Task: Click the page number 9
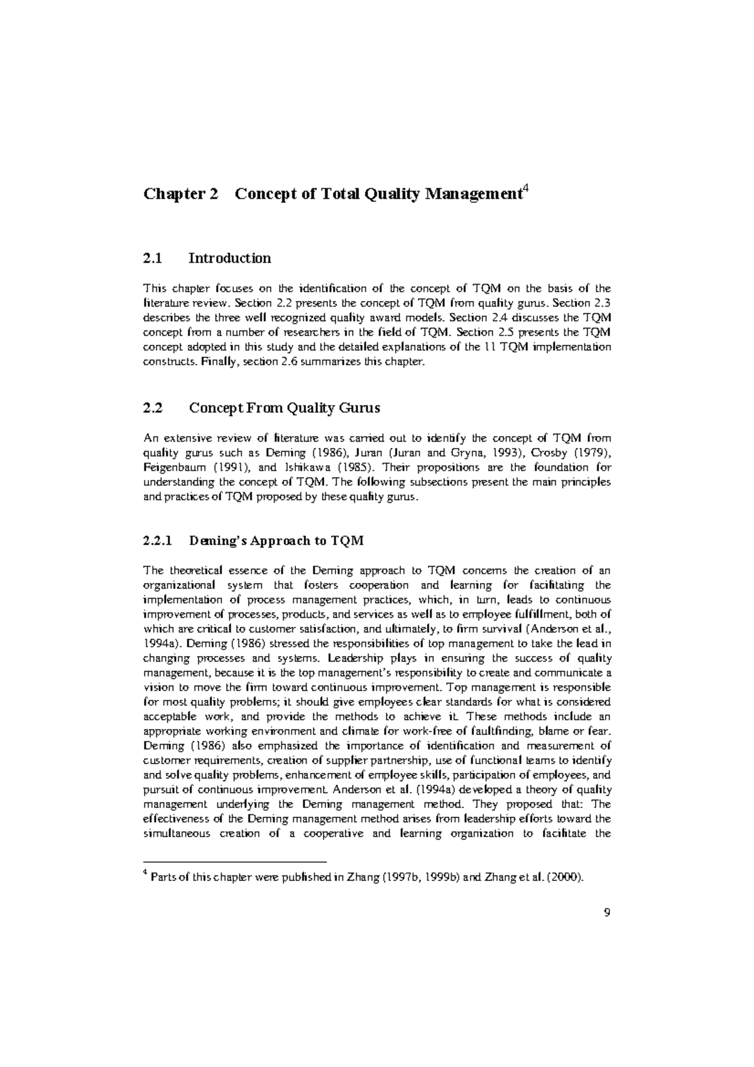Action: point(606,913)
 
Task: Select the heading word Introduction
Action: point(230,258)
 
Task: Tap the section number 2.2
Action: point(153,408)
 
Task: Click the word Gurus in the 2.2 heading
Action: point(359,408)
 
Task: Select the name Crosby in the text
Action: point(551,453)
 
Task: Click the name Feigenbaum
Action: point(175,468)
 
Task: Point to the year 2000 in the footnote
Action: point(567,878)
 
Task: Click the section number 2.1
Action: point(153,258)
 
